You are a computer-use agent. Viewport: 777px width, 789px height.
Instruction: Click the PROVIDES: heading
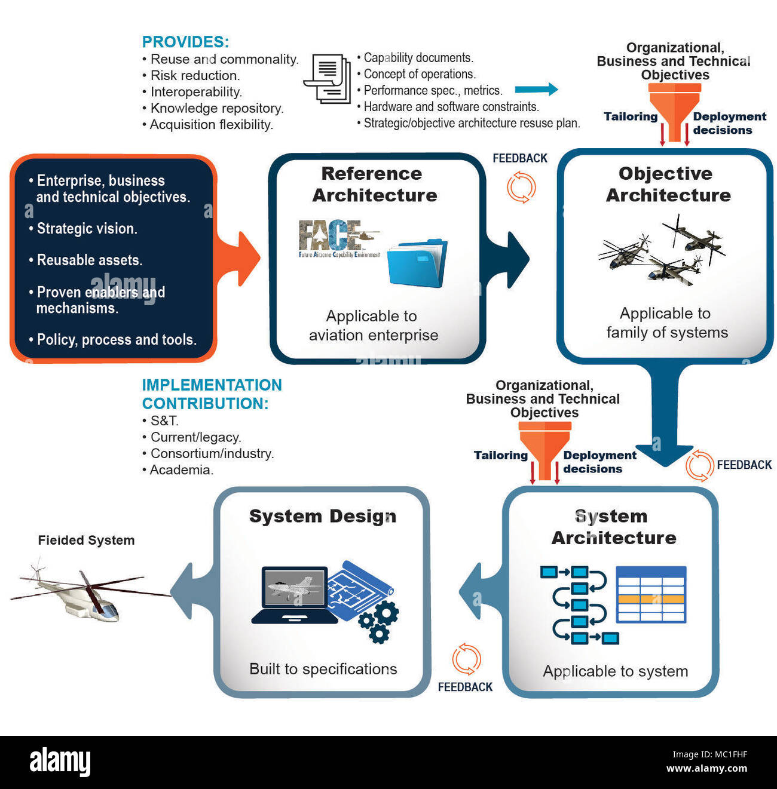click(x=185, y=42)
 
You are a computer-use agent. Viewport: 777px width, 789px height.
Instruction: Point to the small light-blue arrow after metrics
click(x=536, y=90)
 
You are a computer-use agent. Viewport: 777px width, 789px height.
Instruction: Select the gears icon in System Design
click(x=379, y=622)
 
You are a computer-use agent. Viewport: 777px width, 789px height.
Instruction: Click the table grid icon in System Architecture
click(x=651, y=595)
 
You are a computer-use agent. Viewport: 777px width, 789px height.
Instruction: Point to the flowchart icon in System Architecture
click(x=578, y=604)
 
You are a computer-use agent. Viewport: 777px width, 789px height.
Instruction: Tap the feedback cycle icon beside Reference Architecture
click(x=521, y=187)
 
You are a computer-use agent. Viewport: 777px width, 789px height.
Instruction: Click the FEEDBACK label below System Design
click(x=465, y=687)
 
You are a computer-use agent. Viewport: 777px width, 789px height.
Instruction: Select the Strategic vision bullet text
click(x=87, y=229)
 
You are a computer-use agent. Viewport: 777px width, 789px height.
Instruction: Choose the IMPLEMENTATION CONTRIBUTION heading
click(x=212, y=394)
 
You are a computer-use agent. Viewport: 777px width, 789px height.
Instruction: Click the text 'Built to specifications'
click(x=323, y=669)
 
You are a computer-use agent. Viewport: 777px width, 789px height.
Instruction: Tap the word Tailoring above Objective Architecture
click(x=630, y=116)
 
